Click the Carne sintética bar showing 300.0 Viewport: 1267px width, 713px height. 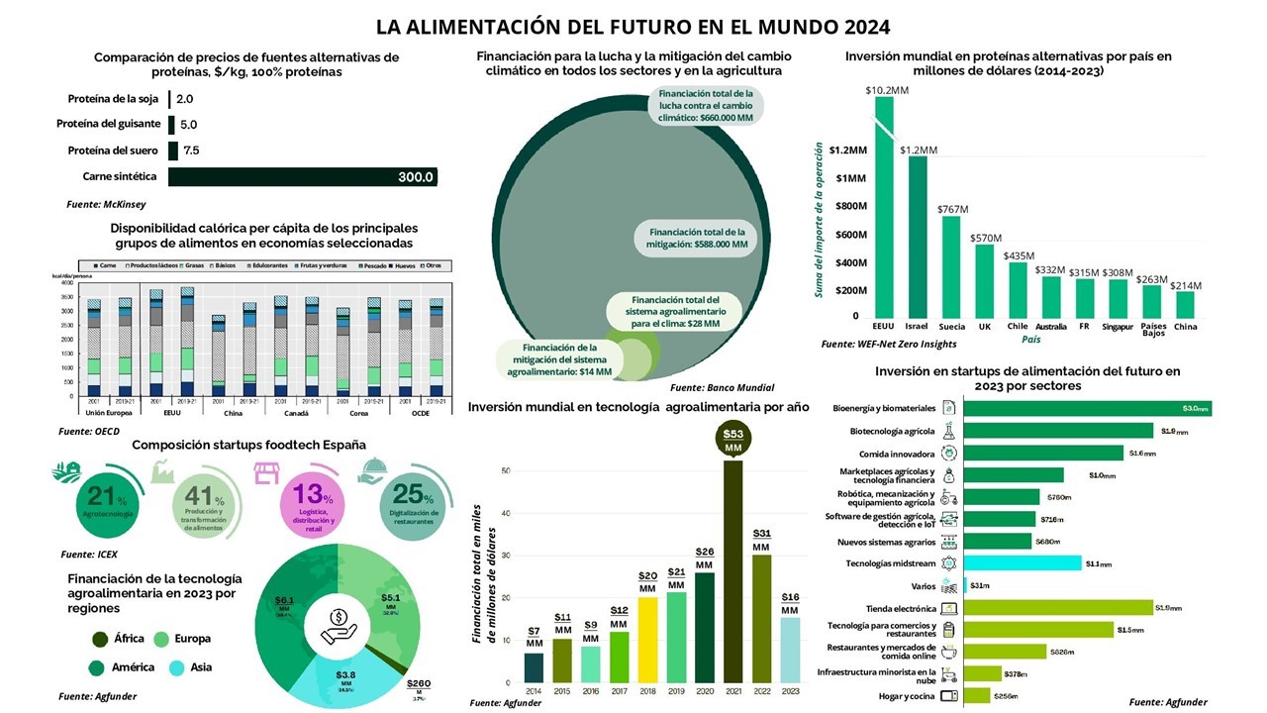(303, 177)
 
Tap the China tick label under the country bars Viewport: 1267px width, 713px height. (1184, 326)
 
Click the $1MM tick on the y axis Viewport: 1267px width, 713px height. (850, 178)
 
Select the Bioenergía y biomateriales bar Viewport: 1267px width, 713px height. (1085, 408)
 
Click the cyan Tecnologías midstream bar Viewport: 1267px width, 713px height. (1021, 562)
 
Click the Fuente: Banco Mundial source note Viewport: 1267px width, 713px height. (722, 387)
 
